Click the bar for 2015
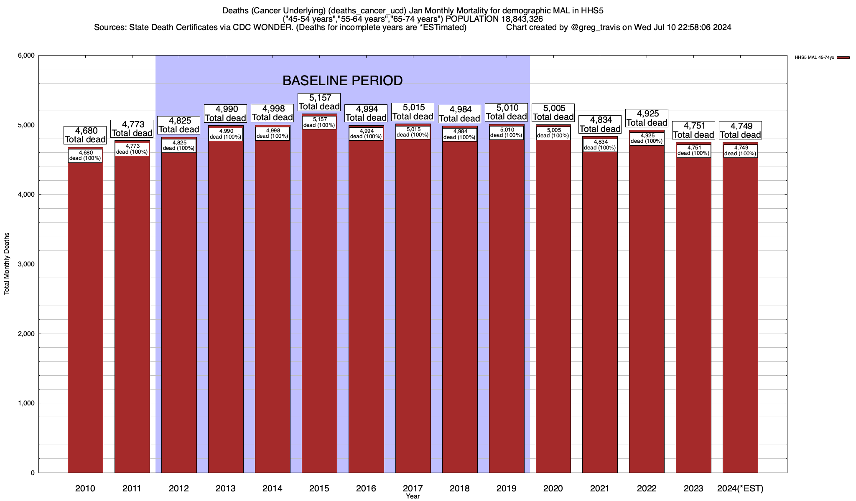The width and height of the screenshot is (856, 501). [x=319, y=301]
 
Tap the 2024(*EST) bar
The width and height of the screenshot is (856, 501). [x=740, y=313]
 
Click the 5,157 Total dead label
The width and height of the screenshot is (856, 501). [x=319, y=102]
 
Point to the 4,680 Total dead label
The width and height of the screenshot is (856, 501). [x=85, y=135]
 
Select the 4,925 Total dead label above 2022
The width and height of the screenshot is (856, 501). [x=647, y=118]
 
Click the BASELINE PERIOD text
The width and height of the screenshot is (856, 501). [x=342, y=81]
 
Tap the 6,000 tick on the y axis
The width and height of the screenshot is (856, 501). [x=26, y=56]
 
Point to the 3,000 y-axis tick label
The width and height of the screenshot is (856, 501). [x=26, y=264]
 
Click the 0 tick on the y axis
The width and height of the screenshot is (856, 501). [x=32, y=473]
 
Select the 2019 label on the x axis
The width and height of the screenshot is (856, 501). [x=506, y=488]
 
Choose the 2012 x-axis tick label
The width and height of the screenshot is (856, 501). [x=178, y=488]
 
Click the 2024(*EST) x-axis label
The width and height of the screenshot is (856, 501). [x=740, y=488]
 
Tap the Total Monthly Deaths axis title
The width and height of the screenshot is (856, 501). [x=7, y=264]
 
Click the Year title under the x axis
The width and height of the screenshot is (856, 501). [x=413, y=496]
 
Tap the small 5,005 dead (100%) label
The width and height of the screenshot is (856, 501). [x=553, y=133]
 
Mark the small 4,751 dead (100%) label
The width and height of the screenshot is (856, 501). [x=693, y=151]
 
